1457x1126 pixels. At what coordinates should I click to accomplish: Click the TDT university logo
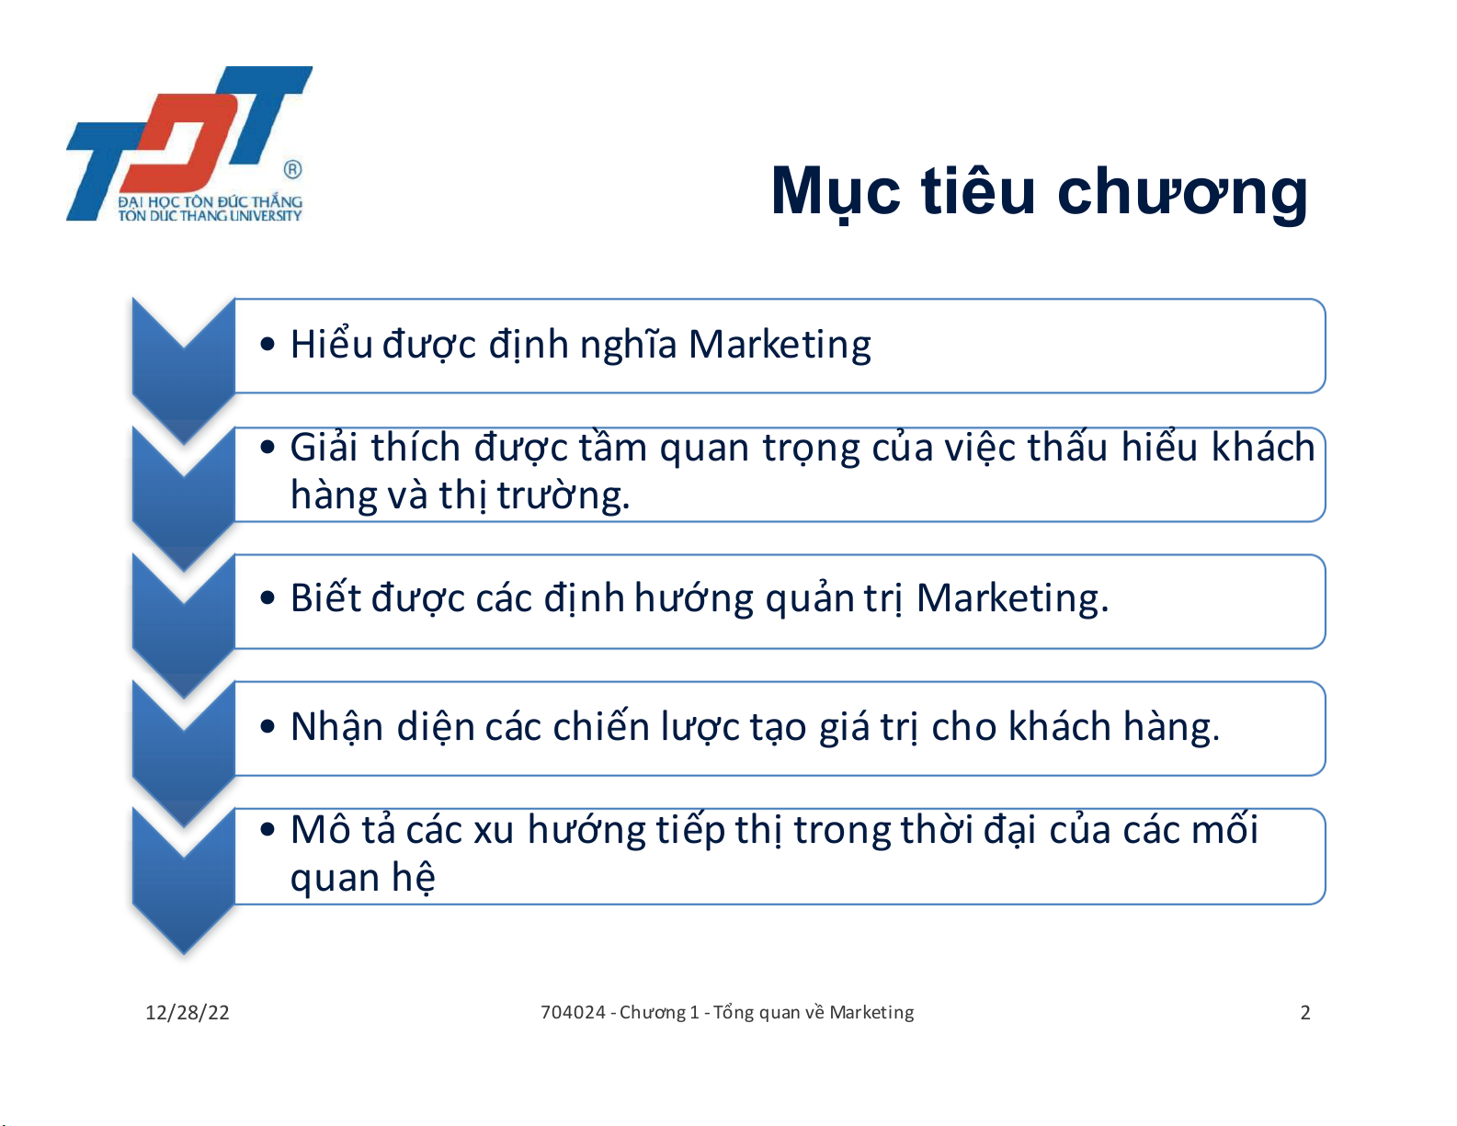(189, 143)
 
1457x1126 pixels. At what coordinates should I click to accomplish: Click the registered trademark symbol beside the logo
(293, 169)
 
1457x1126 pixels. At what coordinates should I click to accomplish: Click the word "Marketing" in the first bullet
(780, 346)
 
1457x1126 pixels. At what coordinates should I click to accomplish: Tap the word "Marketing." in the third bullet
(1012, 597)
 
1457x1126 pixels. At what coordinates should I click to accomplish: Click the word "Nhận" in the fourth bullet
(337, 727)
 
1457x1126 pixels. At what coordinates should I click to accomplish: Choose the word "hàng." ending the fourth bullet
(1171, 727)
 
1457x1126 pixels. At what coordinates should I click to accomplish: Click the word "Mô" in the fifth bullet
(321, 830)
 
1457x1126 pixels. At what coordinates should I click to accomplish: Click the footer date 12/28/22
(188, 1013)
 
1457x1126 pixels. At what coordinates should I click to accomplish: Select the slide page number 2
(1304, 1013)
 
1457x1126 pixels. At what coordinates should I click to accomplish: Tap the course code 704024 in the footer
(574, 1012)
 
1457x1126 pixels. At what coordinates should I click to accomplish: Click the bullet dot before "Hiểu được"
(267, 345)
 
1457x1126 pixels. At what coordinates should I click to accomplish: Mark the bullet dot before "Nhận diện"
(267, 726)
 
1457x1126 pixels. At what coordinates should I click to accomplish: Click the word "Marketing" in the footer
(871, 1013)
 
